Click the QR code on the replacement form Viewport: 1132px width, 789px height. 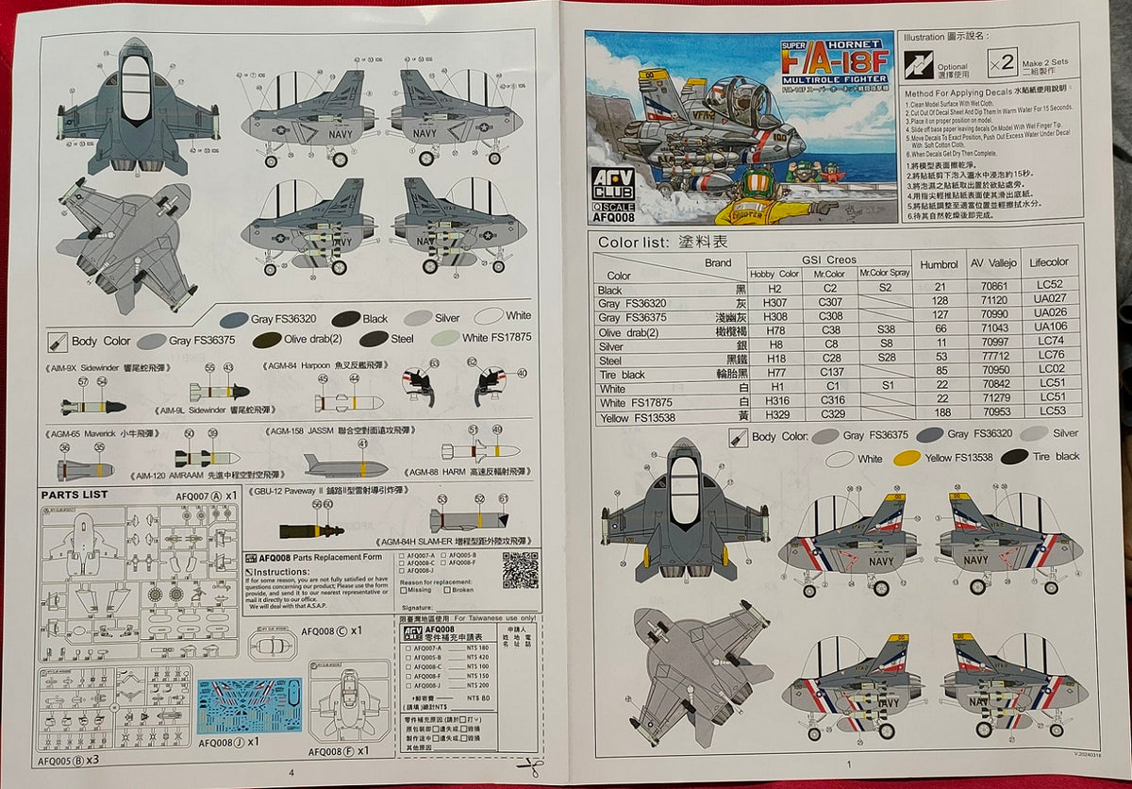tap(520, 570)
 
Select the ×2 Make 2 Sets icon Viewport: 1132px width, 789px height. tap(1002, 63)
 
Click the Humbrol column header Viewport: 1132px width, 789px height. tap(939, 265)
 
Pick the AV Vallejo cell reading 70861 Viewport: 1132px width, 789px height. tap(994, 285)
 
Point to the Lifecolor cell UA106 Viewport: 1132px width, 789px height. tap(1050, 327)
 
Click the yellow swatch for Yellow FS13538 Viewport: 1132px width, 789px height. tap(907, 458)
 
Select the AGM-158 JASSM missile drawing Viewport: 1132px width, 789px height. tap(344, 466)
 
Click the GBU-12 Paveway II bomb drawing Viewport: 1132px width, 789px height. tap(311, 531)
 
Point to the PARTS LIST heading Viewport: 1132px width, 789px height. tap(75, 495)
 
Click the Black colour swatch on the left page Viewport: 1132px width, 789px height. tap(345, 319)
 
